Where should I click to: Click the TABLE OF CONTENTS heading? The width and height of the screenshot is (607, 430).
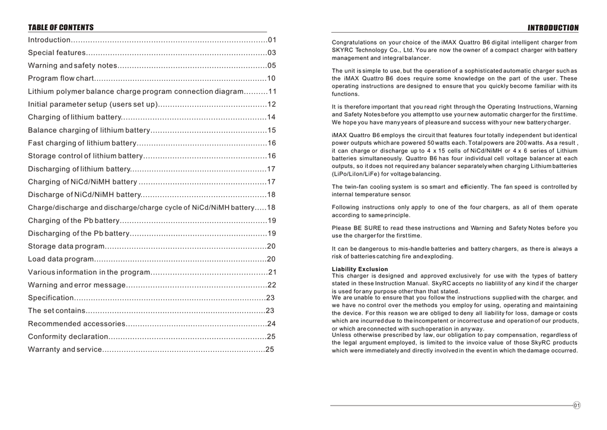point(60,27)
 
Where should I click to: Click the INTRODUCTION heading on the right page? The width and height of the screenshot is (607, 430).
point(552,28)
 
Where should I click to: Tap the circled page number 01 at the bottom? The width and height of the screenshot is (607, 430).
point(577,406)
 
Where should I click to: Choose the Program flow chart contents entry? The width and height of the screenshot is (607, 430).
point(60,78)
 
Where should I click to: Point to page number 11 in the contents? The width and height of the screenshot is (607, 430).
point(272,91)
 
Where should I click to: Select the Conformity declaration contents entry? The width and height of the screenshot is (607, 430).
point(68,336)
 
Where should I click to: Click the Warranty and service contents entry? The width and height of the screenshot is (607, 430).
point(65,349)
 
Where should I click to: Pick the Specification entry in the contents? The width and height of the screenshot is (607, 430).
point(51,298)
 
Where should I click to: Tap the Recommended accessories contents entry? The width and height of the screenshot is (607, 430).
point(76,324)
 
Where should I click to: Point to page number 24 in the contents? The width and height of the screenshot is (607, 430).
point(271,324)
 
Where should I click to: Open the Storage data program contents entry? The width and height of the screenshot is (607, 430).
point(66,246)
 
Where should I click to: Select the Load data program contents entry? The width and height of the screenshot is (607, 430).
point(61,259)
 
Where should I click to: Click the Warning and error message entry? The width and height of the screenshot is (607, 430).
point(76,285)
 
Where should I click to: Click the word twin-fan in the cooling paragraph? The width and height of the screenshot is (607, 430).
point(356,187)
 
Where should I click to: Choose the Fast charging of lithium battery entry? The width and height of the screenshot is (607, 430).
point(82,143)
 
